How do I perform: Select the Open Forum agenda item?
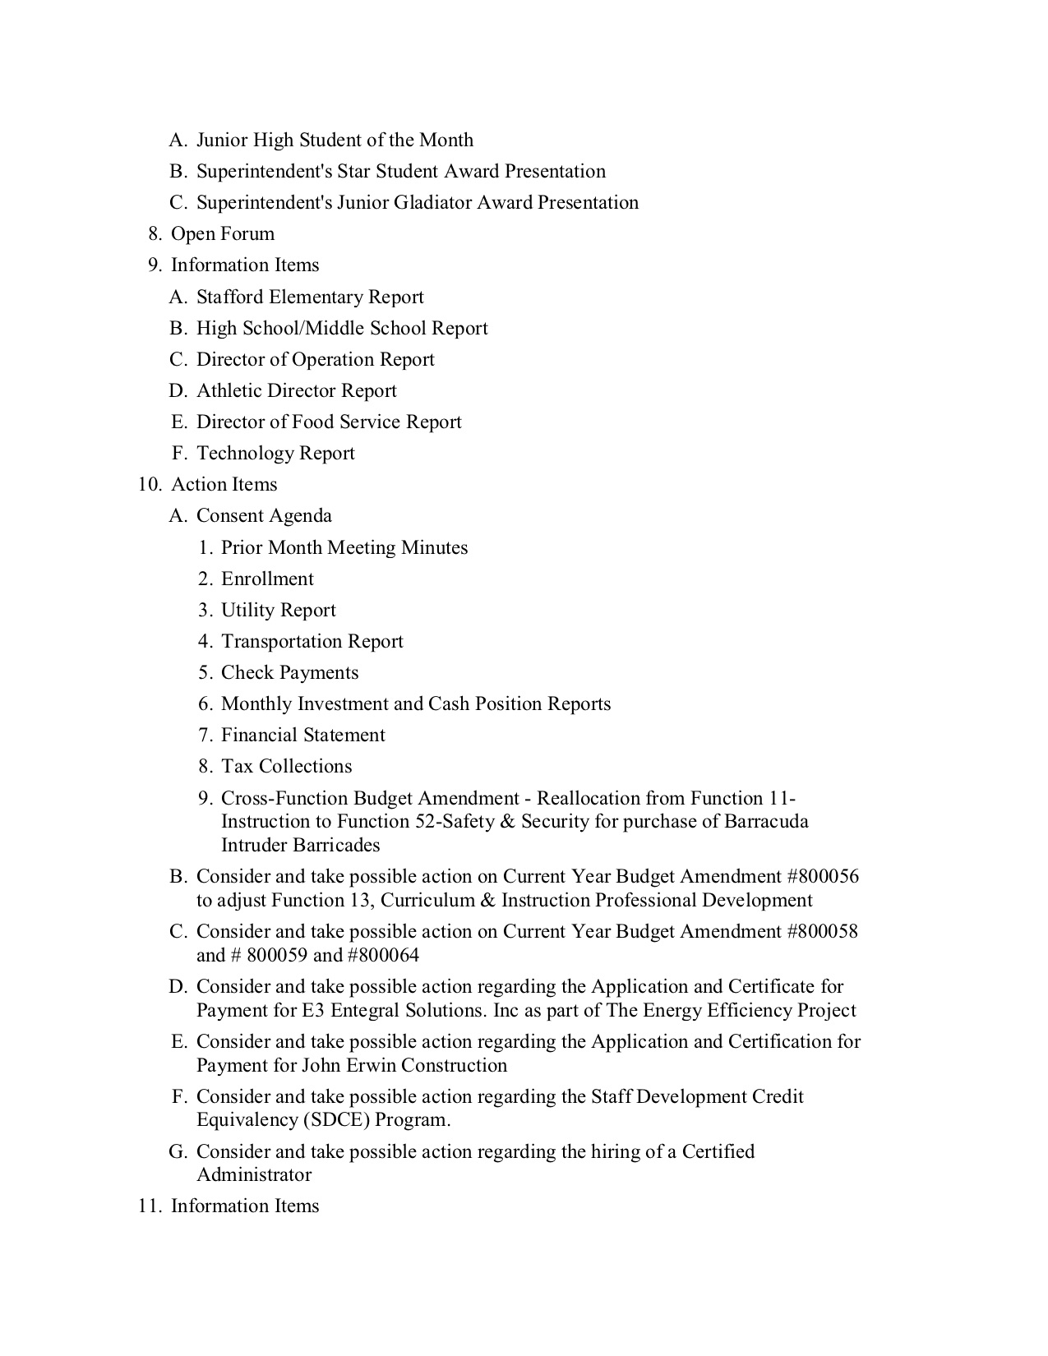[x=222, y=233]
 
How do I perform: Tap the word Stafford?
[x=229, y=297]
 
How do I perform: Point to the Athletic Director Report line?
[x=296, y=390]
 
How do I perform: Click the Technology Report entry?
[x=275, y=453]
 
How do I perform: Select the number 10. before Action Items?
[x=150, y=484]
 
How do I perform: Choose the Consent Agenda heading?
[x=264, y=515]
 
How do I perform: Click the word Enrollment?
[x=267, y=579]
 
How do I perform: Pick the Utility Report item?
[x=279, y=610]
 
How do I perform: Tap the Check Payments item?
[x=289, y=672]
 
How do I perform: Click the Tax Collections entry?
[x=286, y=766]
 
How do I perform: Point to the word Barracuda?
[x=766, y=821]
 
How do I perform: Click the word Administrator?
[x=254, y=1174]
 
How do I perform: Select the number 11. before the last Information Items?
[x=149, y=1206]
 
